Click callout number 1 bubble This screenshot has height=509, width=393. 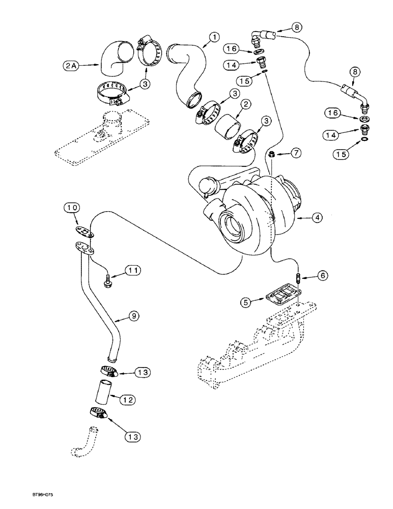(214, 37)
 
